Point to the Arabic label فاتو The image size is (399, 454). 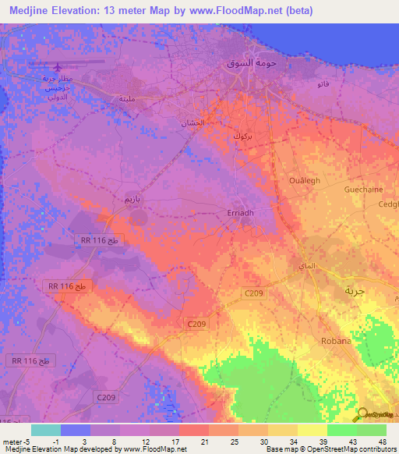coord(323,83)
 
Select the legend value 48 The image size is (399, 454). coord(383,441)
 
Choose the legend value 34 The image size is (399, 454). coord(295,441)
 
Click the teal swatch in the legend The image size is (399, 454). coord(46,430)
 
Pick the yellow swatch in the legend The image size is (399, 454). coord(312,430)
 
